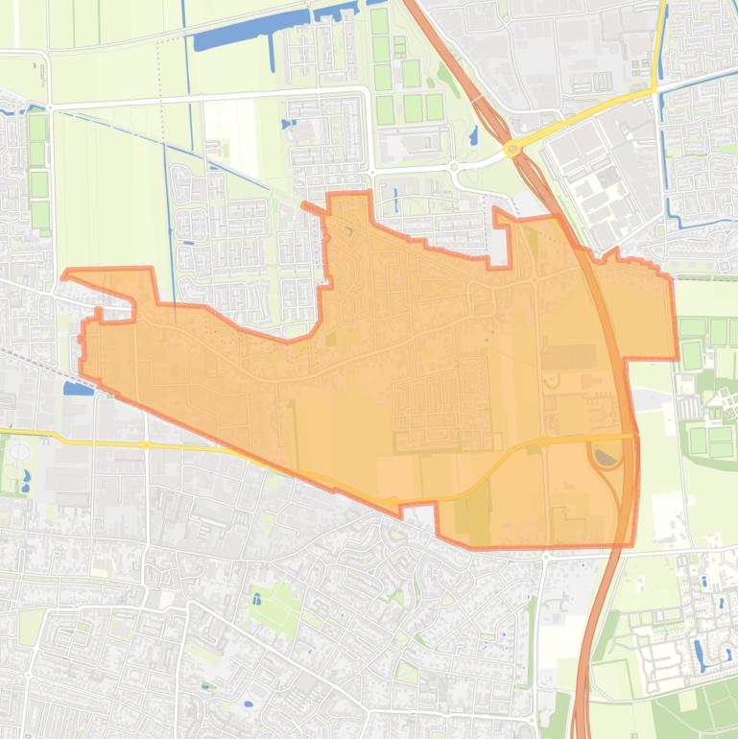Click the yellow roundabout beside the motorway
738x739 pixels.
pyautogui.click(x=512, y=149)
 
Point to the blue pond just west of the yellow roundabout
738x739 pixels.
pyautogui.click(x=473, y=136)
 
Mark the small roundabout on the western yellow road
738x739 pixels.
pyautogui.click(x=146, y=445)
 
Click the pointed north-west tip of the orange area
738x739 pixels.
pyautogui.click(x=64, y=276)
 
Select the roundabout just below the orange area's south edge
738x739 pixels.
pyautogui.click(x=544, y=556)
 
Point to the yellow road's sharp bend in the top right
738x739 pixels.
pyautogui.click(x=656, y=90)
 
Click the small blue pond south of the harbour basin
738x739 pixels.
pyautogui.click(x=288, y=124)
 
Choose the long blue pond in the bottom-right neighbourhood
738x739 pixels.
pyautogui.click(x=700, y=654)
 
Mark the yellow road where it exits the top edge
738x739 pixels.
pyautogui.click(x=663, y=4)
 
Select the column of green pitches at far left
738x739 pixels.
pyautogui.click(x=37, y=173)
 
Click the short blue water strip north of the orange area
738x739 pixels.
pyautogui.click(x=394, y=200)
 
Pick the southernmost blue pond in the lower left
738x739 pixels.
pyautogui.click(x=249, y=703)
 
